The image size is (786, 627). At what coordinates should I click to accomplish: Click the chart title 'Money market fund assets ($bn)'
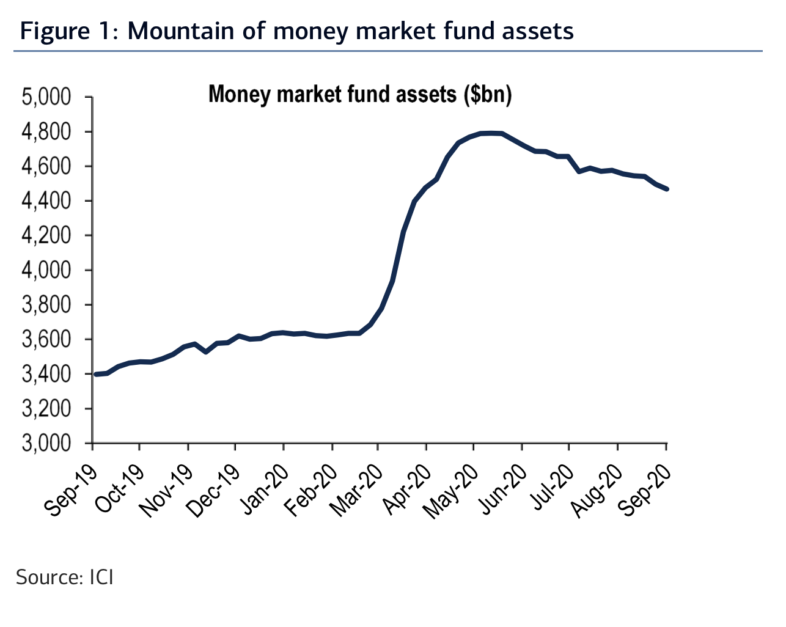360,95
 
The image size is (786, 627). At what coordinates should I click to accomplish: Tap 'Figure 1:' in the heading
68,31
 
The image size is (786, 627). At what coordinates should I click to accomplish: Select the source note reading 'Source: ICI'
65,577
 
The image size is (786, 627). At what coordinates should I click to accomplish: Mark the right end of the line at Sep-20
666,189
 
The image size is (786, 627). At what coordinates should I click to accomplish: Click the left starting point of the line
96,374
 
